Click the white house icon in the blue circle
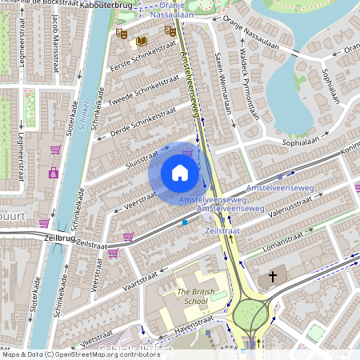pyautogui.click(x=180, y=173)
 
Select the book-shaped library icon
pyautogui.click(x=142, y=41)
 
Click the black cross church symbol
pyautogui.click(x=273, y=277)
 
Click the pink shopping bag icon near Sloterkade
pyautogui.click(x=55, y=150)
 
